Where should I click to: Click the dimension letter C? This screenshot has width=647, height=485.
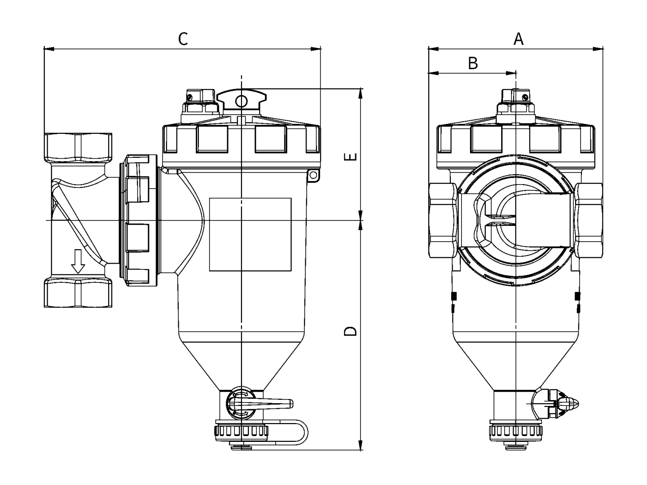pos(183,39)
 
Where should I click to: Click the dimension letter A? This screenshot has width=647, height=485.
pos(519,39)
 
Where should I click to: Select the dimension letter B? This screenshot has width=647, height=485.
pos(473,63)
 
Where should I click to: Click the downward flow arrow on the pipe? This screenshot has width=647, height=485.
pos(78,261)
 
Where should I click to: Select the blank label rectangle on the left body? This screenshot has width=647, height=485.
pos(250,234)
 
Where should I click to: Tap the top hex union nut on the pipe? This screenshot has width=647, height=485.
pos(78,148)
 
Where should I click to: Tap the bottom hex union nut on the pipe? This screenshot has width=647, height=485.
pos(78,293)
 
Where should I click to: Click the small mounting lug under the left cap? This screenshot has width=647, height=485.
pos(313,175)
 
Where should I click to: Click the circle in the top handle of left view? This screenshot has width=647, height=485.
pos(241,101)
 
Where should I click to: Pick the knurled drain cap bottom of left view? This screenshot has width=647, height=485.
pos(242,432)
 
